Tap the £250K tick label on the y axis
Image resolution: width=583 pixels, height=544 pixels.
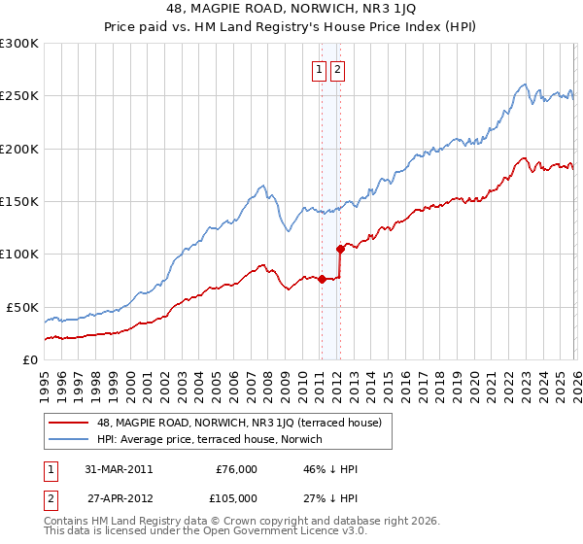tap(19, 96)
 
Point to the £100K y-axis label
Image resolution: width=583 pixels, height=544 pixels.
tap(19, 255)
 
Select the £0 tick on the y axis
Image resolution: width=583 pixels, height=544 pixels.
tap(29, 359)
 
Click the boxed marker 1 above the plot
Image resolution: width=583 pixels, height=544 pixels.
tap(319, 69)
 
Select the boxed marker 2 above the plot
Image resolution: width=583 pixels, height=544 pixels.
tap(337, 69)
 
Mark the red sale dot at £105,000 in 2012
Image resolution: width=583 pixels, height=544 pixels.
tap(340, 249)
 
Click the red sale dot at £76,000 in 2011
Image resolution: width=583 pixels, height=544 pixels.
tap(322, 280)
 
